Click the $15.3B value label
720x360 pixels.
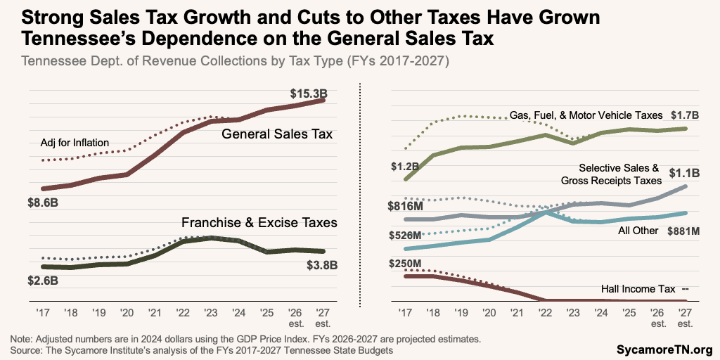307,93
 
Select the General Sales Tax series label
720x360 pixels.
277,134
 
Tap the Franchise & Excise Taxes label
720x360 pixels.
259,222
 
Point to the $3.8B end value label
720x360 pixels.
322,265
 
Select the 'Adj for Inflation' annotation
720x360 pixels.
75,143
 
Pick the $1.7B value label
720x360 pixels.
684,115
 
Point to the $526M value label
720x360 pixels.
406,235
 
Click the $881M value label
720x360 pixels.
686,230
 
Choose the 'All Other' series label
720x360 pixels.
638,231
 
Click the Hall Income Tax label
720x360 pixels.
638,289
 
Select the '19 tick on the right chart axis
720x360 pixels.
460,312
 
